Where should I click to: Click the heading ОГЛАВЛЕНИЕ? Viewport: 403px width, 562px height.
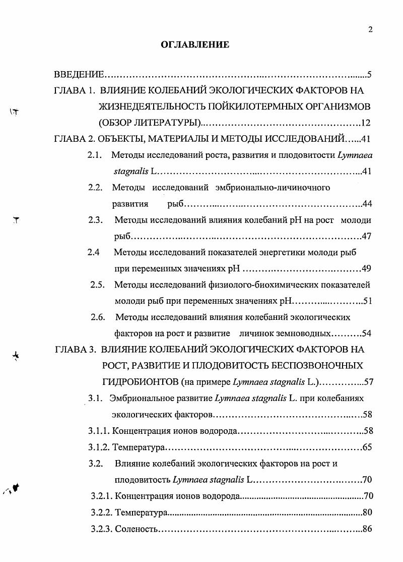point(195,45)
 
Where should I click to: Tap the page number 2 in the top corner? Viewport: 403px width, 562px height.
point(370,29)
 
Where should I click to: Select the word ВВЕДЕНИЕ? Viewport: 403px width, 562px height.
point(79,75)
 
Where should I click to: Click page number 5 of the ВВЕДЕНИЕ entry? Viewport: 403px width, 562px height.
point(369,75)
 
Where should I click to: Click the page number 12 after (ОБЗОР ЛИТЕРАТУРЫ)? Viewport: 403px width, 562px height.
point(366,123)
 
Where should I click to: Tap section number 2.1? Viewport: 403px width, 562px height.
point(95,156)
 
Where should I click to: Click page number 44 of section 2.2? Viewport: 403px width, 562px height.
point(367,204)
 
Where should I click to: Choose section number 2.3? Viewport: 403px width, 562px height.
point(95,220)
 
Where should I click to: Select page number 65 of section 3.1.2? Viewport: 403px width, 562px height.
point(367,447)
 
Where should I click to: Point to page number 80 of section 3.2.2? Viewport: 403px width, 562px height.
point(367,513)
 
